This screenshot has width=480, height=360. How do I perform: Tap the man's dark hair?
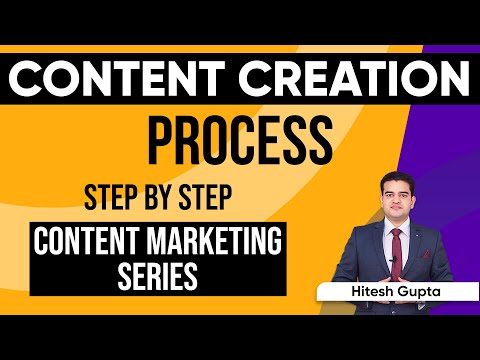pyautogui.click(x=397, y=177)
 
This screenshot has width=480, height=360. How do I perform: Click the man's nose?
pyautogui.click(x=397, y=200)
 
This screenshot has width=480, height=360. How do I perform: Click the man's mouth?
pyautogui.click(x=397, y=210)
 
